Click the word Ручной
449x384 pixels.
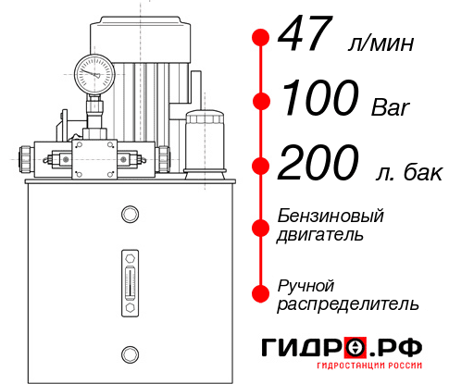coord(306,284)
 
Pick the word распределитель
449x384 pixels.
coord(348,303)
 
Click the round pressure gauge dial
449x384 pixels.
coord(94,73)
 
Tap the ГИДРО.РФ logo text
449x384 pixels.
coord(342,349)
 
